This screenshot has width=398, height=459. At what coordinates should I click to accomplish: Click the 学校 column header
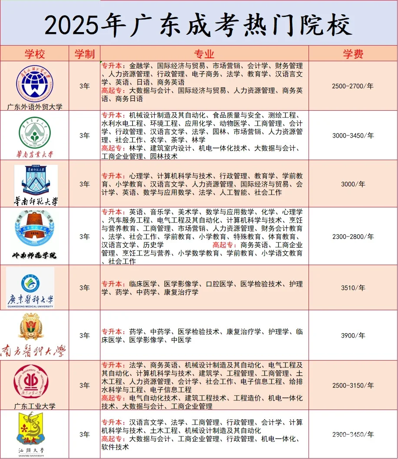(34, 54)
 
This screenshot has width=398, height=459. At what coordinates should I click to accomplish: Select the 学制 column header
(84, 54)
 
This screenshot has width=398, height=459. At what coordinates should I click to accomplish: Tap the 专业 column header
(204, 54)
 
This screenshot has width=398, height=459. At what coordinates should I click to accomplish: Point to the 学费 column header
(353, 54)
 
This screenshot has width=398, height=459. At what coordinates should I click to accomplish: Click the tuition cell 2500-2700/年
(352, 86)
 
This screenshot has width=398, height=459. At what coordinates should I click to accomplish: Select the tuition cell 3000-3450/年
(352, 135)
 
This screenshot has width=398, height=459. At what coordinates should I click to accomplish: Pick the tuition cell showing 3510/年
(352, 288)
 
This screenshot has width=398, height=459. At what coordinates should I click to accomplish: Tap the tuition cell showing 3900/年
(352, 335)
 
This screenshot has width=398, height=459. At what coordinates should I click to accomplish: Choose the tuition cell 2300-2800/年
(352, 236)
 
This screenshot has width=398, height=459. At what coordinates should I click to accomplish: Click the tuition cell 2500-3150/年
(352, 385)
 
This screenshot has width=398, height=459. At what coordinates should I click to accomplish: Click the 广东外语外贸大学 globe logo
(35, 83)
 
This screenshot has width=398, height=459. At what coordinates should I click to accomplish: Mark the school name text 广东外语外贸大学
(35, 106)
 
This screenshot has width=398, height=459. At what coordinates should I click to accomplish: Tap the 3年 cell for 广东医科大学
(84, 288)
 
